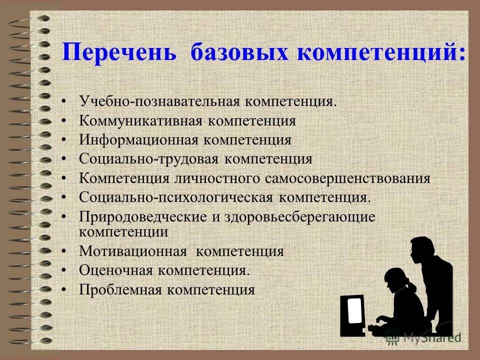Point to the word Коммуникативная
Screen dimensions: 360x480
click(x=140, y=121)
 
